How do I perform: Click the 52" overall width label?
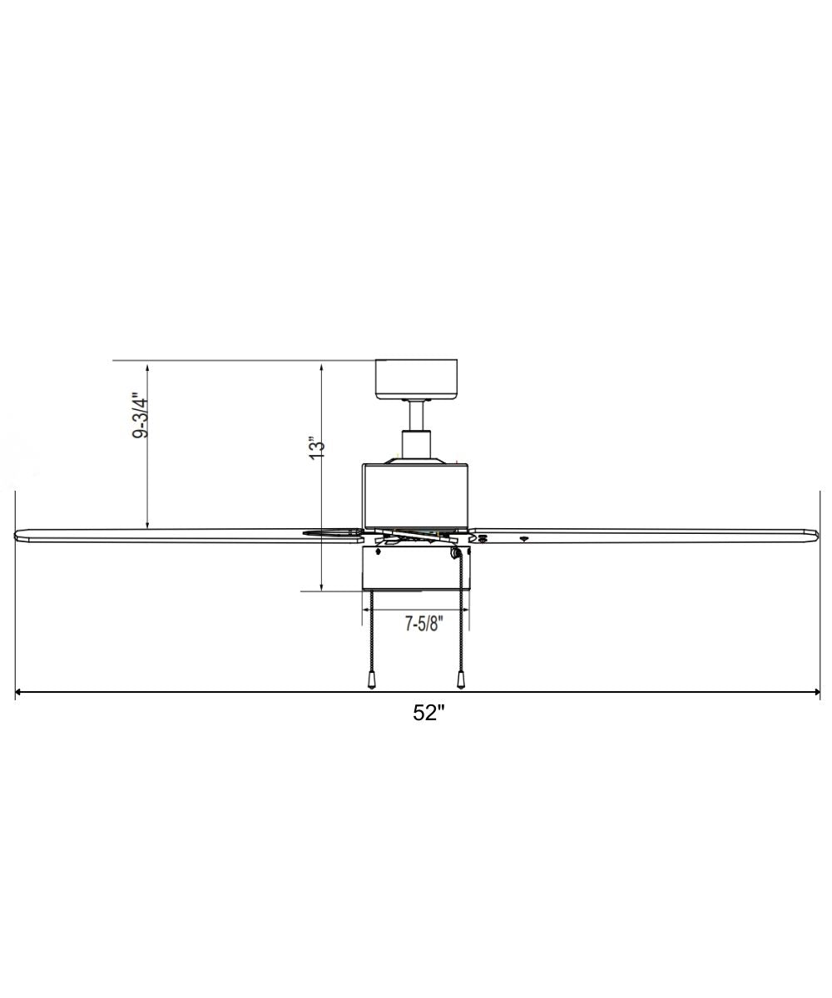pos(429,713)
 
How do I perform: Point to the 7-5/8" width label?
pos(424,624)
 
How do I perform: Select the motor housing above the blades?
pos(415,495)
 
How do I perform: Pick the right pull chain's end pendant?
pos(460,679)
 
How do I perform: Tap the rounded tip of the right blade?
pos(815,533)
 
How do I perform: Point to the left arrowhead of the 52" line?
pos(19,692)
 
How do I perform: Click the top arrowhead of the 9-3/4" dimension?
pos(147,365)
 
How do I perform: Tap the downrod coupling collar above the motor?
pos(417,443)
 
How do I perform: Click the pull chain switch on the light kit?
pos(455,552)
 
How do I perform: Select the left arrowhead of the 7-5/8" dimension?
pos(365,609)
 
